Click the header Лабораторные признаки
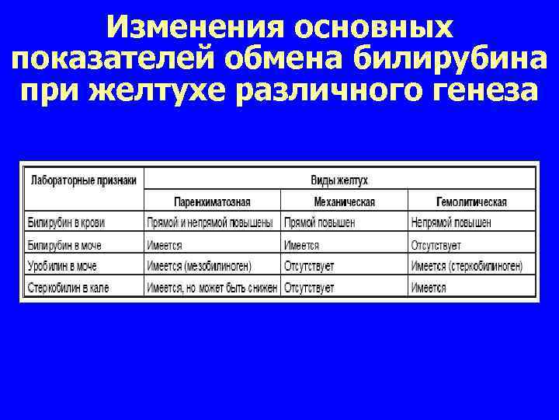(83, 180)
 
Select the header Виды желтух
(339, 180)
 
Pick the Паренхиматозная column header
(212, 202)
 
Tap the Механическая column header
(344, 202)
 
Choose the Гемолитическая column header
(471, 202)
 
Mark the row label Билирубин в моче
(64, 245)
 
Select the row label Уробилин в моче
(63, 266)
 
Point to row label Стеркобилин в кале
(68, 288)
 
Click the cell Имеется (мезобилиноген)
(199, 266)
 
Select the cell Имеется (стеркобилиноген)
(467, 266)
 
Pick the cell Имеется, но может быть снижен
(212, 288)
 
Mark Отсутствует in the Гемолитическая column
(436, 245)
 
